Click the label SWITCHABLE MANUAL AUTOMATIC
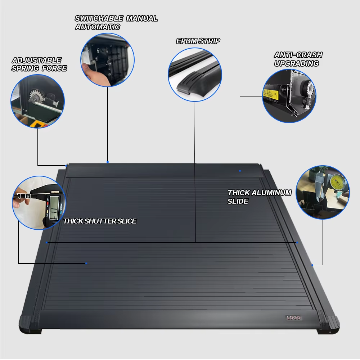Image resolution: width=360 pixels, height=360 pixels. (x=116, y=22)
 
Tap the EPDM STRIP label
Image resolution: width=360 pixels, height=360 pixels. (x=198, y=41)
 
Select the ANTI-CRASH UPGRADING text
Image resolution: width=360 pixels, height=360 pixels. (x=298, y=59)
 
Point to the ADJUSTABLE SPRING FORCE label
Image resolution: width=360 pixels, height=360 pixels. (x=39, y=64)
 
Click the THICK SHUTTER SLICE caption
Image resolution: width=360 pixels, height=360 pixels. (x=100, y=221)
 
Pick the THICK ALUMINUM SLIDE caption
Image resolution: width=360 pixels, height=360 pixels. (x=259, y=197)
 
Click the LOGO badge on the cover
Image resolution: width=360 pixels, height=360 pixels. (x=293, y=318)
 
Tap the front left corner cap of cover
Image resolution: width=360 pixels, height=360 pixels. (x=28, y=323)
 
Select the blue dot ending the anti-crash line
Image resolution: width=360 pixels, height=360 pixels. (x=240, y=171)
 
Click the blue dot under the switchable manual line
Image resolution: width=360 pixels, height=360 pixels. (x=108, y=162)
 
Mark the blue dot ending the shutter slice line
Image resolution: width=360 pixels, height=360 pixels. (x=86, y=263)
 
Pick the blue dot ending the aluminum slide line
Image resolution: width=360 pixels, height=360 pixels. (x=312, y=265)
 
